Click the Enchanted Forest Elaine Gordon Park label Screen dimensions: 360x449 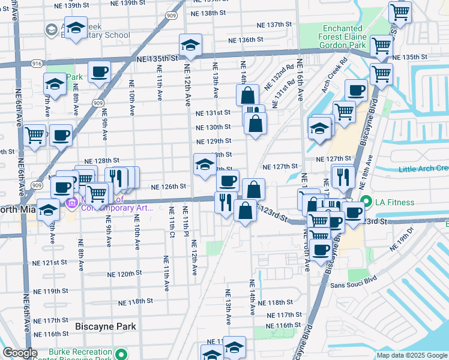click(x=343, y=37)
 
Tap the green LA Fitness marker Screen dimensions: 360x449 click(x=366, y=202)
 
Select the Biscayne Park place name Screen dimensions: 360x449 click(x=106, y=326)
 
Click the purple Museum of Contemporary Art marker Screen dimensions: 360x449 click(x=73, y=204)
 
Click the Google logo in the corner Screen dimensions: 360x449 click(x=19, y=353)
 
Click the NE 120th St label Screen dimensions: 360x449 click(x=124, y=273)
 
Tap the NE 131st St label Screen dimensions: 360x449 click(x=213, y=112)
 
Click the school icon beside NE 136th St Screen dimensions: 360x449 click(x=190, y=46)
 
